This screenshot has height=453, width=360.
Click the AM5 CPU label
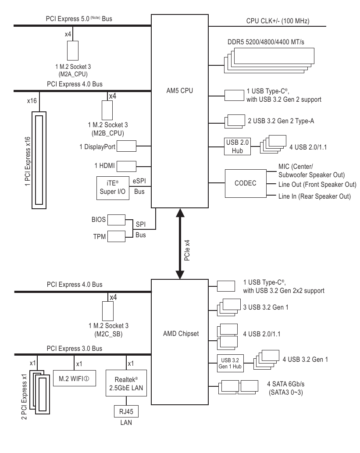coord(179,91)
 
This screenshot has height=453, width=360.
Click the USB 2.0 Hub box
coord(237,146)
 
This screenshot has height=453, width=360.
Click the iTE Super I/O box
coord(113,188)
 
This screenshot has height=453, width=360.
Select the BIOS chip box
coord(116,219)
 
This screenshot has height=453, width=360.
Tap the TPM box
coord(116,235)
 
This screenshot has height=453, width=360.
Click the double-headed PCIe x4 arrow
coord(179,243)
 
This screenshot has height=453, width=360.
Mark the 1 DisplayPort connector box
coord(127,147)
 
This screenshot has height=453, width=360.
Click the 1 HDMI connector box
coord(127,166)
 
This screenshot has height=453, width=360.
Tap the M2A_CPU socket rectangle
coord(72,51)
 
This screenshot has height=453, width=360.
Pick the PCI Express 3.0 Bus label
coord(75,348)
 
